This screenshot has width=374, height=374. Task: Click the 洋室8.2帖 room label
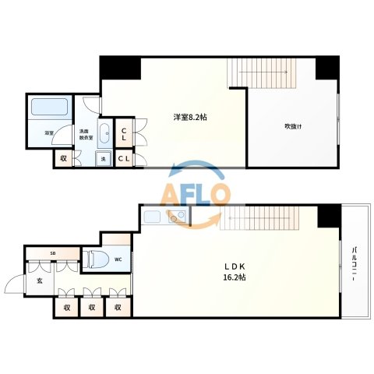[x=190, y=118]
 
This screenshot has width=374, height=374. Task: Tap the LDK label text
[x=235, y=266]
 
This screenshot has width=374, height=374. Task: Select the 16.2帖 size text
[x=235, y=277]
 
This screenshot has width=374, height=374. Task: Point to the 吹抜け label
[x=294, y=126]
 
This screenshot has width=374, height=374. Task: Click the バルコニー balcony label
[x=354, y=264]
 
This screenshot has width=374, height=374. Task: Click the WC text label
[x=118, y=259]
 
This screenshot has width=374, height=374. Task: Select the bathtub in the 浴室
[x=49, y=107]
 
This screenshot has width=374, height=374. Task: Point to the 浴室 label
[x=48, y=133]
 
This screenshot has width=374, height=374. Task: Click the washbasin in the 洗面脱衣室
[x=104, y=133]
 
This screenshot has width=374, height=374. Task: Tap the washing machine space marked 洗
[x=104, y=158]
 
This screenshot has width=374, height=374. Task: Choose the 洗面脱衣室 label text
[x=86, y=135]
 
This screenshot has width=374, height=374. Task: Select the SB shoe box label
[x=53, y=252]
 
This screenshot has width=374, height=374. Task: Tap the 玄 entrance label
[x=40, y=280]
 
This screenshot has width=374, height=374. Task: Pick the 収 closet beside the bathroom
[x=63, y=158]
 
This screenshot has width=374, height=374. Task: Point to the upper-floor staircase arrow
[x=263, y=72]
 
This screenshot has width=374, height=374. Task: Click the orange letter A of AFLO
[x=171, y=196]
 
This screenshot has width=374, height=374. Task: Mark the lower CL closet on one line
[x=124, y=158]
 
